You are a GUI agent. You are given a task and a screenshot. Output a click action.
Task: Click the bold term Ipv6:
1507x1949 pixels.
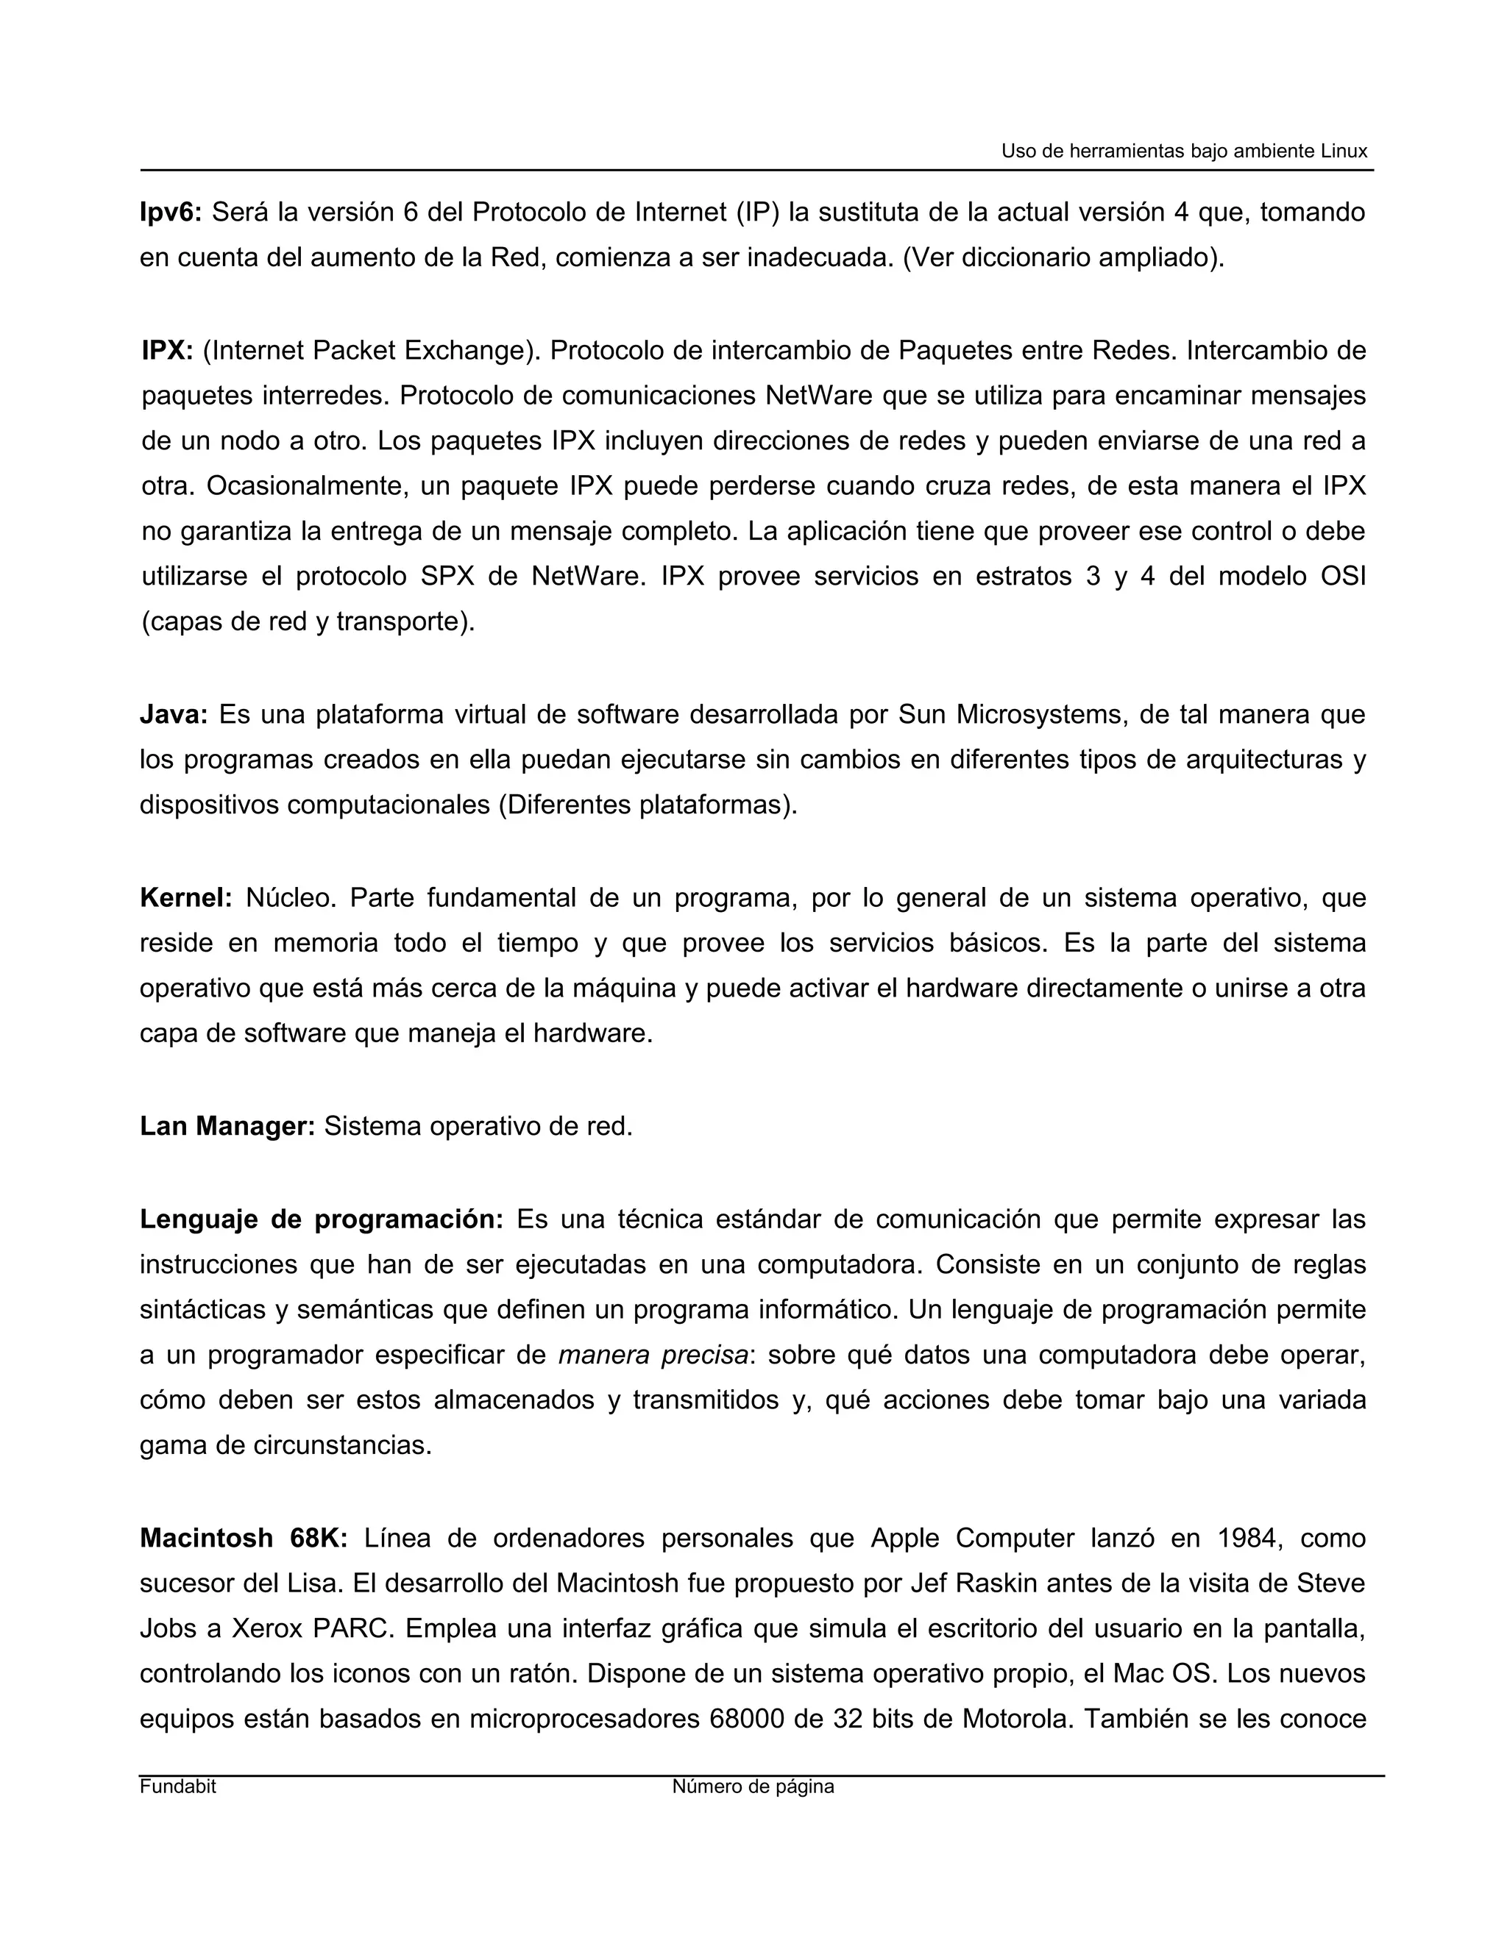coord(171,213)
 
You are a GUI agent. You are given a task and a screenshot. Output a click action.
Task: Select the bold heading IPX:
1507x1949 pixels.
coord(167,351)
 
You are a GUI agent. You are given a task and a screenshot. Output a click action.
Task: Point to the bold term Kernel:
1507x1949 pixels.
coord(185,898)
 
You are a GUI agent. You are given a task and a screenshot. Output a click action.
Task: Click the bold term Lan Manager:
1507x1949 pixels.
coord(227,1126)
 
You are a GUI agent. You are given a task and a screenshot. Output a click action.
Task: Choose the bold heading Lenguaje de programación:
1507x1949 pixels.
coord(322,1219)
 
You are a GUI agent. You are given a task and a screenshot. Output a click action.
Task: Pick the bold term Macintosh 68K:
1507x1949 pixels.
coord(243,1539)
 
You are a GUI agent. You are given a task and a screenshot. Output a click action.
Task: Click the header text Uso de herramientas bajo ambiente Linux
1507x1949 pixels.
coord(1184,151)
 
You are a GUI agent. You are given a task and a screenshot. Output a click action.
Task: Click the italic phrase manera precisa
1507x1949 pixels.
coord(653,1355)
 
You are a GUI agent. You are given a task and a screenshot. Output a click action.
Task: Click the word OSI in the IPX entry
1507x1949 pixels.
coord(1343,577)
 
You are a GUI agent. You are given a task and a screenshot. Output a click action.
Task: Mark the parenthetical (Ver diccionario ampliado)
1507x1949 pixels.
coord(1064,258)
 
